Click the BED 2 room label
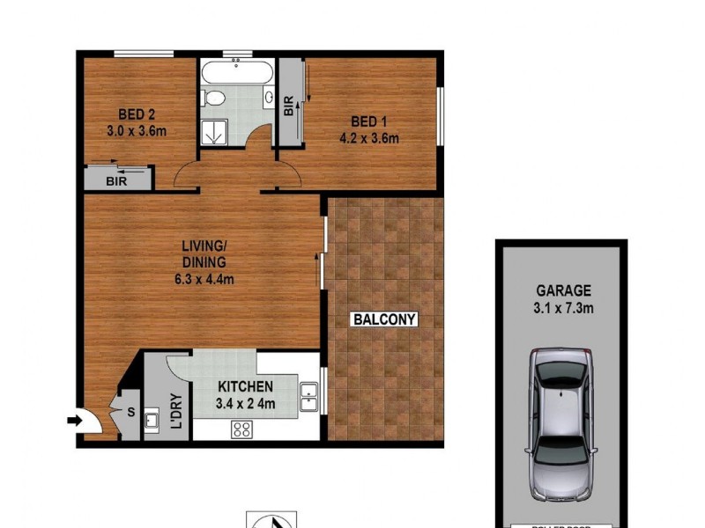tap(137, 114)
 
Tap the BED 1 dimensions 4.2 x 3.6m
tap(369, 137)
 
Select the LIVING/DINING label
tap(204, 254)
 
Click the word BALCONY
tap(384, 319)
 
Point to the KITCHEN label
tap(246, 386)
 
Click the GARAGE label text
tap(563, 290)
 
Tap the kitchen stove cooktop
tap(241, 429)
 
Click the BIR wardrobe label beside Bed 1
tap(289, 106)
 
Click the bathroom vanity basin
tap(268, 98)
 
